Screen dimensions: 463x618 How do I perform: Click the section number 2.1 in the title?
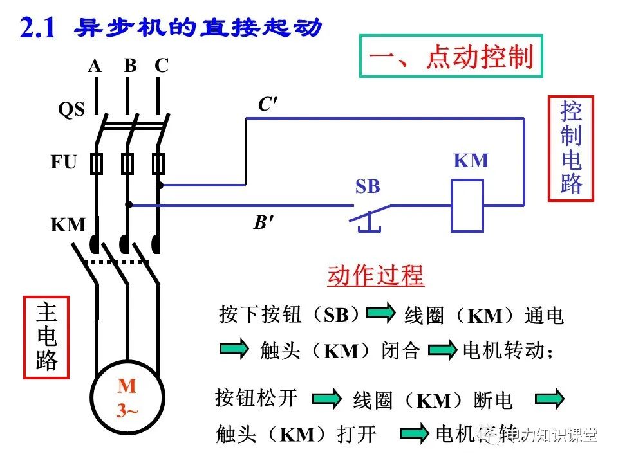38,30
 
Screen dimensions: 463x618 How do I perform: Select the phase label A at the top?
95,66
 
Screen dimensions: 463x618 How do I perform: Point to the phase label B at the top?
131,66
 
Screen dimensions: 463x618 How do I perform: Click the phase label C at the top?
162,66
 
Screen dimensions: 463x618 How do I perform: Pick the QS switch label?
71,110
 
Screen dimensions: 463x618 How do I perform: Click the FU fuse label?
64,162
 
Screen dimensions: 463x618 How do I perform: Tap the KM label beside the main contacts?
68,225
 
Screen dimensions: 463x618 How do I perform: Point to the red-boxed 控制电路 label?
570,149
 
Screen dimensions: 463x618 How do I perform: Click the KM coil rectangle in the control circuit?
467,206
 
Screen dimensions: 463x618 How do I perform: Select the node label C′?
268,105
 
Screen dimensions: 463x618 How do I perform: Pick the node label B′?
263,223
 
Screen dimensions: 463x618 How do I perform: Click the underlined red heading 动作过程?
375,275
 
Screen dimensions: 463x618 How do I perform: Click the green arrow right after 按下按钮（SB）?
380,313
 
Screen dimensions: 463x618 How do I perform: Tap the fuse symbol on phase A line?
97,165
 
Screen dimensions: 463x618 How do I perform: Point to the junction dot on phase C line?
159,185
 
